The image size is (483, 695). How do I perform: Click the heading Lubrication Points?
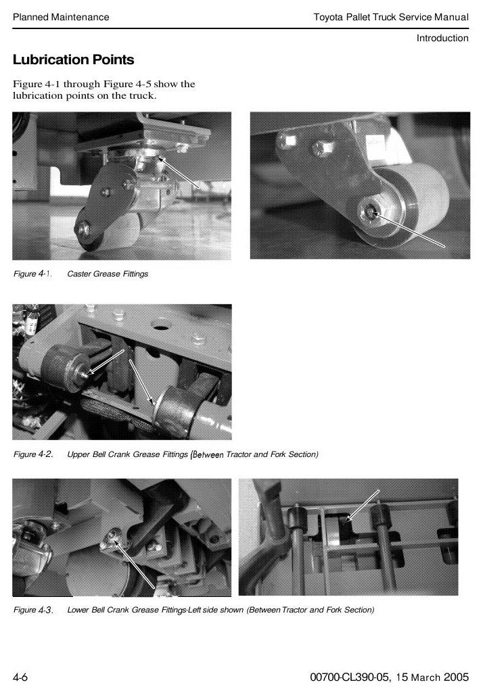73,59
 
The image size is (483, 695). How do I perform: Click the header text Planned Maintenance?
61,18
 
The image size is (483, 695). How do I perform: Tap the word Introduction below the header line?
442,38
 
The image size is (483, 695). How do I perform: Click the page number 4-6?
20,677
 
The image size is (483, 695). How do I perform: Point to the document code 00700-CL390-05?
350,677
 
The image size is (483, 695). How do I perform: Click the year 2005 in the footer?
456,677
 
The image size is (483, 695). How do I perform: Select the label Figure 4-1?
32,274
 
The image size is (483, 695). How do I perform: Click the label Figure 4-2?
33,454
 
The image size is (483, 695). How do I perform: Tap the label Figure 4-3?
33,610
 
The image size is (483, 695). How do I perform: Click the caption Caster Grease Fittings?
108,274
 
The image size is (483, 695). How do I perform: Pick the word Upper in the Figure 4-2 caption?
78,454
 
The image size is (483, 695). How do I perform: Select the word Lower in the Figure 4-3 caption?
78,610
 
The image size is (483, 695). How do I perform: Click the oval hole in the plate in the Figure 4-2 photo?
161,325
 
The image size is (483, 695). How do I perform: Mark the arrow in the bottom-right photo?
363,506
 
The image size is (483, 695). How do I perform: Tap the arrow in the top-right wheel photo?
409,230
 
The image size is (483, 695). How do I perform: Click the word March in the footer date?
425,677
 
